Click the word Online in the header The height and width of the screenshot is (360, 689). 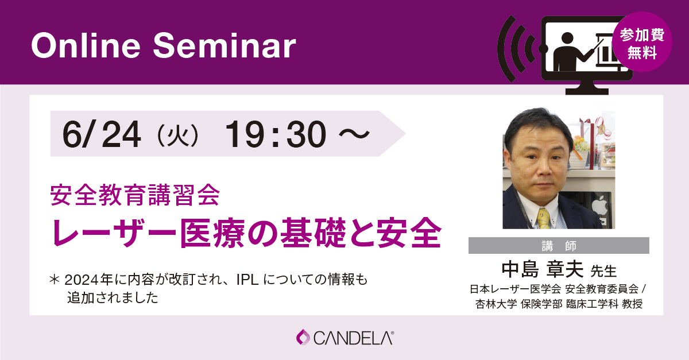[x=86, y=46]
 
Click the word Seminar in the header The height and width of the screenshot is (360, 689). [x=224, y=46]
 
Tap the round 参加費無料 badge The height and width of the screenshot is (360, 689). [x=642, y=42]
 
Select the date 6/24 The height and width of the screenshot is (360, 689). [x=102, y=134]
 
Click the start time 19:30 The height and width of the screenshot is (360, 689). [x=276, y=134]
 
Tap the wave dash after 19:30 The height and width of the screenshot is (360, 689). [x=354, y=134]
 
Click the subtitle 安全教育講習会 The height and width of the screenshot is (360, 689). [x=135, y=195]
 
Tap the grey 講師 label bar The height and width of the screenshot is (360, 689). [x=559, y=246]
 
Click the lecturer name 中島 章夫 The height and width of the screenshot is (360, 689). [x=542, y=269]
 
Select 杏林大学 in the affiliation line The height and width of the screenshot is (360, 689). [x=496, y=304]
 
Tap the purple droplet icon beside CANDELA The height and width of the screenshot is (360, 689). [x=303, y=337]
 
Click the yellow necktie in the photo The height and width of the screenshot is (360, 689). [x=544, y=218]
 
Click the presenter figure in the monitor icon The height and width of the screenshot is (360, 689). [x=566, y=52]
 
